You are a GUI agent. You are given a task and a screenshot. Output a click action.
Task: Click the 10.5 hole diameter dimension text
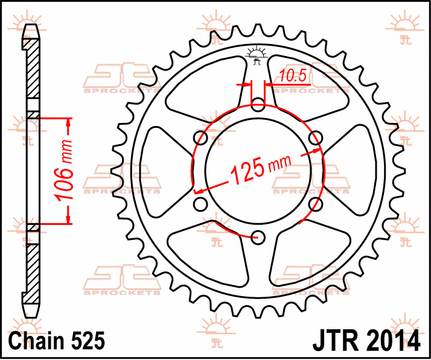coord(293,75)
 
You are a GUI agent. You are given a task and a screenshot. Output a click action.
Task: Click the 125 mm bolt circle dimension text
coord(260,169)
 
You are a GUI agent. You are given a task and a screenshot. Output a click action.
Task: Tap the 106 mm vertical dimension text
coord(64,171)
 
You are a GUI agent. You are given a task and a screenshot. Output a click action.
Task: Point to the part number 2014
coord(394,341)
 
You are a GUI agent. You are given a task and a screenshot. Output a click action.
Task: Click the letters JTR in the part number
coord(338,341)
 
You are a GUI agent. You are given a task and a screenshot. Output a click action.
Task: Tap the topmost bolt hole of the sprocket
coord(258,104)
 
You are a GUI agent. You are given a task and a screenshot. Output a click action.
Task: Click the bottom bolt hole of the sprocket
coord(258,237)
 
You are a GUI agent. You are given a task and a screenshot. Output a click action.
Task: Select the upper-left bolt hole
coord(200,138)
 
